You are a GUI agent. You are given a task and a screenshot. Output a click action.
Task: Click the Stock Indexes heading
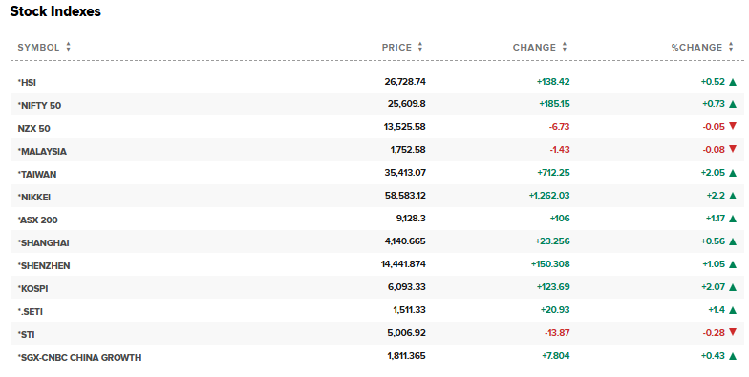55,12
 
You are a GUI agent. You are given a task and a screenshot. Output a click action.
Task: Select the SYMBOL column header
38,47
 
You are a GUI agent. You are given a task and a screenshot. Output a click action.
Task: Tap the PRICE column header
396,47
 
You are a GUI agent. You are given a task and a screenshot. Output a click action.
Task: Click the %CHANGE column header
696,47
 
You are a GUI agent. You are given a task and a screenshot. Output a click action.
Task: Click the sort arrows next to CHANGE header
565,47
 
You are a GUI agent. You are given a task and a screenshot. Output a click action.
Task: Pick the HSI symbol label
28,82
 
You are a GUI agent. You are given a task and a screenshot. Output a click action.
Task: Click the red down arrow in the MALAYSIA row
733,150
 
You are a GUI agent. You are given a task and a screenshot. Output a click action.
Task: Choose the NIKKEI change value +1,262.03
548,197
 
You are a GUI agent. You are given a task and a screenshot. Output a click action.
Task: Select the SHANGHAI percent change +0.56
712,242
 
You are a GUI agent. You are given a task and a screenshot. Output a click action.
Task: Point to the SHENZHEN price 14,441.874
396,265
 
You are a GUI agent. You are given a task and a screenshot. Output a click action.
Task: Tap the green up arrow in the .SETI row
733,311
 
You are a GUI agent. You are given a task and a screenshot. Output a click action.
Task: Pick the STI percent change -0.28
712,334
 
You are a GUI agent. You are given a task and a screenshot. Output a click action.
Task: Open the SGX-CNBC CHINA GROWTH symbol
80,357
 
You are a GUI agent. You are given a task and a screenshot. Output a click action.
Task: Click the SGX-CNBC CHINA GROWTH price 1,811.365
401,357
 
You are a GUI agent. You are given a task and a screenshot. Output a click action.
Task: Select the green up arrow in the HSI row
733,82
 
